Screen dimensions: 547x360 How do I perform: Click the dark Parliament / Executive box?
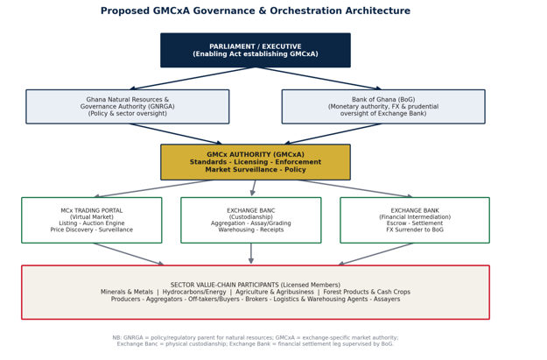[x=256, y=50]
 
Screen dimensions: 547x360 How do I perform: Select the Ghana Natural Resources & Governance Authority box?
[x=127, y=107]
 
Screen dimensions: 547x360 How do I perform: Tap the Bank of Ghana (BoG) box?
[x=383, y=107]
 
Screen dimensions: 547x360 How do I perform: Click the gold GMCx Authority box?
[x=256, y=162]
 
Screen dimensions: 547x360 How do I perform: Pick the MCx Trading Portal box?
[x=92, y=220]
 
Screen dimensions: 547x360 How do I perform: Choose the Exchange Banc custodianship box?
[x=251, y=220]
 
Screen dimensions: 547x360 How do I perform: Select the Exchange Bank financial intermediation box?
[x=415, y=220]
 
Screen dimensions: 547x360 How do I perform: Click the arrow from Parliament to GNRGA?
[x=193, y=79]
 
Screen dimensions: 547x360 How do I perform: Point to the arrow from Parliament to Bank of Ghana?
[x=319, y=79]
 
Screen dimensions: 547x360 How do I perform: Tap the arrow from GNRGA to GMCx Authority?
[x=175, y=134]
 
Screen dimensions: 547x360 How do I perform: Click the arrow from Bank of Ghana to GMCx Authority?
[x=333, y=134]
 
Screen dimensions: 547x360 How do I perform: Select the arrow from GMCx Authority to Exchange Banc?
[x=253, y=187]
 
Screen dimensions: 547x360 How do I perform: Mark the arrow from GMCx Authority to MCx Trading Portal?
[x=153, y=188]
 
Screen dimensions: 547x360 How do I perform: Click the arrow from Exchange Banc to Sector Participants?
[x=251, y=253]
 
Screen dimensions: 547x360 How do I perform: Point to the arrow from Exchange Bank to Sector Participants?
[x=375, y=254]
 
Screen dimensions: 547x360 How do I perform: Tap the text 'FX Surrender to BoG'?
[x=415, y=229]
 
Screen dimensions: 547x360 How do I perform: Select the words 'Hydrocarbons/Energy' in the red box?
[x=194, y=292]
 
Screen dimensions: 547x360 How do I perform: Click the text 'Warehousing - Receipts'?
[x=251, y=229]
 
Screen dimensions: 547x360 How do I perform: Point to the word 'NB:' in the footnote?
[x=117, y=337]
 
